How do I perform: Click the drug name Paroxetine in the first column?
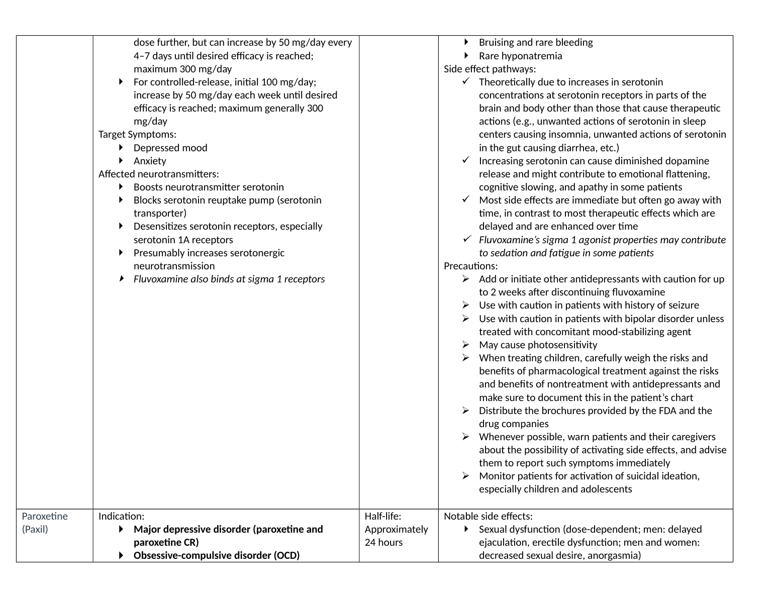(x=44, y=516)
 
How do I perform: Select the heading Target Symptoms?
(x=137, y=134)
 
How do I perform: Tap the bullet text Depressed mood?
(x=170, y=148)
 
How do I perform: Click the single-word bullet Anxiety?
(x=150, y=161)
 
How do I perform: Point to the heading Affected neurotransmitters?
(x=158, y=174)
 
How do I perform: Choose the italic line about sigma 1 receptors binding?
(x=229, y=279)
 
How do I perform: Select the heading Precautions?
(x=470, y=266)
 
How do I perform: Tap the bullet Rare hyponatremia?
(x=520, y=56)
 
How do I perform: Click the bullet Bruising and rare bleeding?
(x=536, y=42)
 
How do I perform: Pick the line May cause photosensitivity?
(x=538, y=345)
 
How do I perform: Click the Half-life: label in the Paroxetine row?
(x=382, y=516)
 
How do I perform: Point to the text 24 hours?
(x=383, y=542)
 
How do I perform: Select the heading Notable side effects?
(x=488, y=516)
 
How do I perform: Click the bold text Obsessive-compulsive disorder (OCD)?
(x=216, y=555)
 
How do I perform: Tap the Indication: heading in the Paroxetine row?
(x=121, y=516)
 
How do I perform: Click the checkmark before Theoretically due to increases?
(x=465, y=82)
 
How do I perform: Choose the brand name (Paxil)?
(x=35, y=529)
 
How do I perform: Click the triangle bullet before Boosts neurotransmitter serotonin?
(x=121, y=187)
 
